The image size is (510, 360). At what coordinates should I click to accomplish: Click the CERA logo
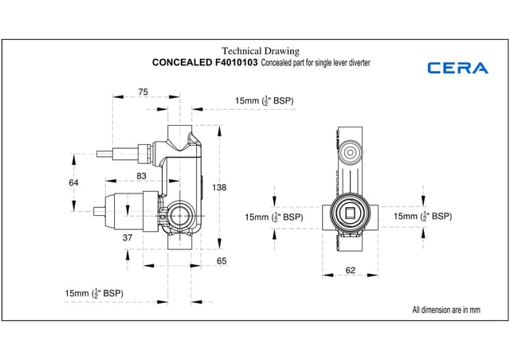point(457,68)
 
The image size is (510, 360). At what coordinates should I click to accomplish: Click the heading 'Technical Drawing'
point(260,51)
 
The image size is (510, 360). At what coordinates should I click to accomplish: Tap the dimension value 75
point(143,92)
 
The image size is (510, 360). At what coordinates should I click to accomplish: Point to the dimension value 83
point(141,175)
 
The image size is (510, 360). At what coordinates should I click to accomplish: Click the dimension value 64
point(73,182)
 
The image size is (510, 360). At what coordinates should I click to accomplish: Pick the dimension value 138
point(220,188)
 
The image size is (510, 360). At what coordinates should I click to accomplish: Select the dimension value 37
point(127,238)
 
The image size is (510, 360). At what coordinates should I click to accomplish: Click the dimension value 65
point(222,260)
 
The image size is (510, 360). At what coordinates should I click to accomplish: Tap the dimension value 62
point(350,270)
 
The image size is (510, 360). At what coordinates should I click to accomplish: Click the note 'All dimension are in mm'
point(447,309)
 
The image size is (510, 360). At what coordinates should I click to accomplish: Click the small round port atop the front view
point(351,151)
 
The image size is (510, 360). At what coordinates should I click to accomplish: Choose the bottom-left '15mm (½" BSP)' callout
point(94,294)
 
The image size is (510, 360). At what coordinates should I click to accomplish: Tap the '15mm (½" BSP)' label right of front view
point(422,216)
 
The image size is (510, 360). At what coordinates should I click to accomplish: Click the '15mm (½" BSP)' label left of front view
point(273,217)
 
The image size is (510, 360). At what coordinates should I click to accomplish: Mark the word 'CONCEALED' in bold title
point(182,62)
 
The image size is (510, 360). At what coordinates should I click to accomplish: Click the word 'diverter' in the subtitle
point(358,62)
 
